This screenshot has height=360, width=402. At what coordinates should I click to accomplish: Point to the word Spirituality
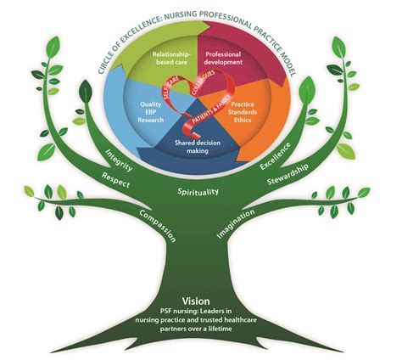(x=200, y=194)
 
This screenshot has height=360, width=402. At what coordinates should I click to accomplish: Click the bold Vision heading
(x=201, y=300)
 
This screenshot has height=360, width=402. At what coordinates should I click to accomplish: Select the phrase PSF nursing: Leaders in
(x=201, y=313)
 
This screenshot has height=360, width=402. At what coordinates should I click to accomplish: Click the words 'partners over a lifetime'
(x=201, y=335)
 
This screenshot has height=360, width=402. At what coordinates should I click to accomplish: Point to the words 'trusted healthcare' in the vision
(x=226, y=323)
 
